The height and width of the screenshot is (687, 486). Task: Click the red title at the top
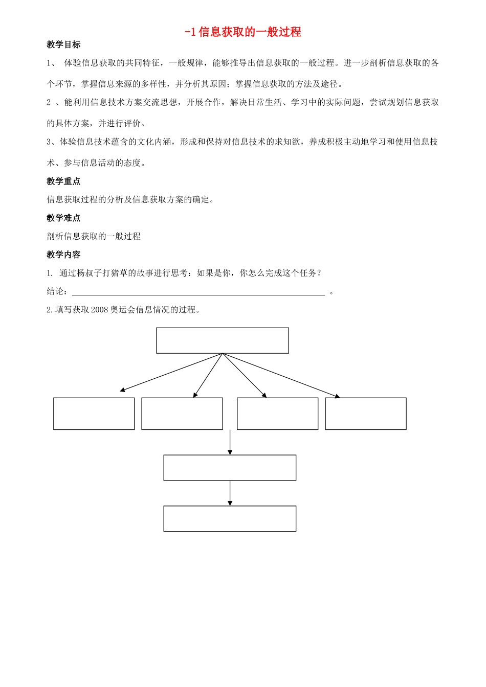coord(242,32)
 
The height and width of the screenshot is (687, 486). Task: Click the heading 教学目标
coord(63,44)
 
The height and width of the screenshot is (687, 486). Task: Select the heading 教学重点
coord(63,181)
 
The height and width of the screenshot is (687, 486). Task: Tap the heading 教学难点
coord(63,218)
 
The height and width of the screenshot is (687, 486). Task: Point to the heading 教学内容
coord(63,255)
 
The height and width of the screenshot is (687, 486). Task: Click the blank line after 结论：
coord(198,292)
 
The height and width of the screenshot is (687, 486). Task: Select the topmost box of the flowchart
coord(223,340)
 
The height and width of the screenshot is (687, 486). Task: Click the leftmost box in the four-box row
coord(94,414)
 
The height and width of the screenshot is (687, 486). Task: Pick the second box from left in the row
coord(182,414)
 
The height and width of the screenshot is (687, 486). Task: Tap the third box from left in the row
coord(278,414)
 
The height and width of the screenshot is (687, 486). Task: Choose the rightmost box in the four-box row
coord(366,414)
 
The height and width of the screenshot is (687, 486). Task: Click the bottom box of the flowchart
coord(230,518)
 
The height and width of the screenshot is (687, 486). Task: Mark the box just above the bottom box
coord(230,468)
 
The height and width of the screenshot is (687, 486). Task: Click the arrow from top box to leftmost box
coord(171,373)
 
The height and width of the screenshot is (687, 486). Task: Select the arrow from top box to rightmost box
coord(281,375)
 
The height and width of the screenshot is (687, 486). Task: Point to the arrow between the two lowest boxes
coord(230,493)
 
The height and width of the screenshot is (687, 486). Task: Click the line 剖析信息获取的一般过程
coord(94,236)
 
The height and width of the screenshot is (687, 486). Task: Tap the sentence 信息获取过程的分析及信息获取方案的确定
coord(130,199)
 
